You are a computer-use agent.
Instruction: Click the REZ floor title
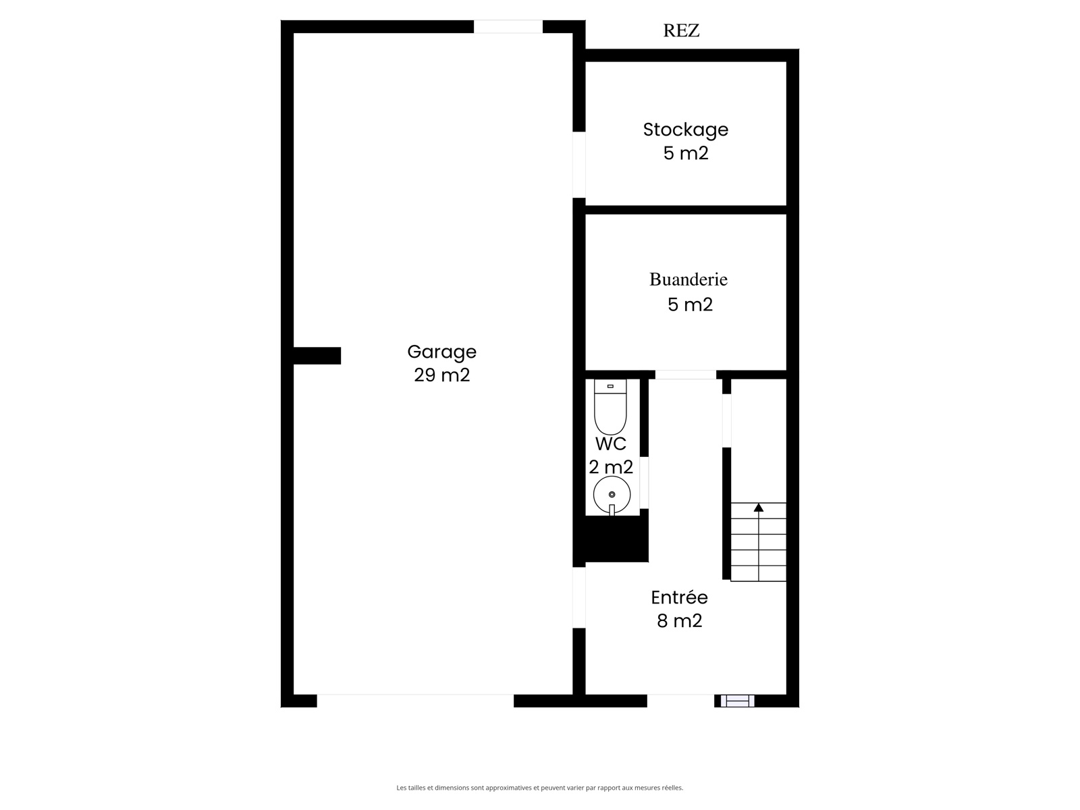click(x=681, y=30)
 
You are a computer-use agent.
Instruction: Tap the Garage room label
click(x=441, y=352)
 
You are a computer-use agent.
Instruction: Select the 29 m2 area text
click(x=441, y=375)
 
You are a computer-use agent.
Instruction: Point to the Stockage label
click(x=685, y=130)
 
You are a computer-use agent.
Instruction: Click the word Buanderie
click(x=688, y=279)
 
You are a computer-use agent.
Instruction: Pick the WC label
click(x=611, y=443)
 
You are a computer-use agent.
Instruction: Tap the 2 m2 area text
click(x=611, y=466)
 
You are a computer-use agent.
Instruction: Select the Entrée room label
click(x=679, y=597)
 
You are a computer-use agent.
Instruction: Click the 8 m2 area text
click(x=679, y=620)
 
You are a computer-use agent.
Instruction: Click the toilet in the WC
click(x=610, y=407)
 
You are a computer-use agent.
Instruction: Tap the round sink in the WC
click(x=612, y=495)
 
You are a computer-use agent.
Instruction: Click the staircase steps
click(x=758, y=542)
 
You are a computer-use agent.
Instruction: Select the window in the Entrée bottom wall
click(x=737, y=701)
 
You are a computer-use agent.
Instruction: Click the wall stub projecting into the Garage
click(x=317, y=356)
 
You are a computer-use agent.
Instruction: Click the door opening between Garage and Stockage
click(x=578, y=165)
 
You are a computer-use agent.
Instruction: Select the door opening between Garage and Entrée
click(x=578, y=597)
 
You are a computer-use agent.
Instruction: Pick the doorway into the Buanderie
click(x=685, y=375)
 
